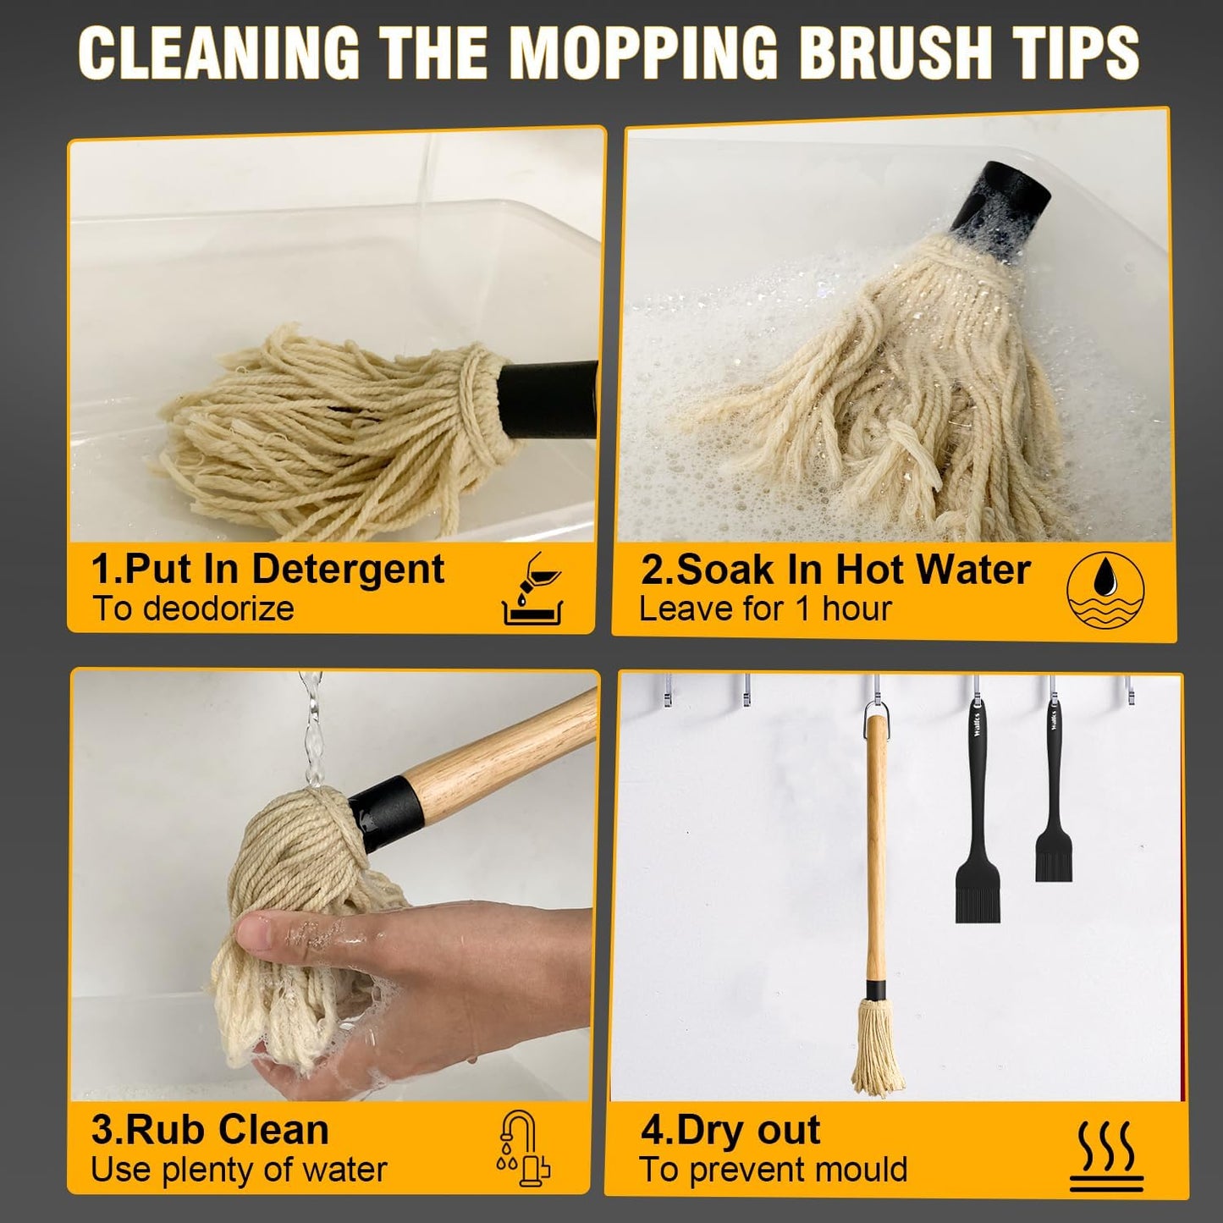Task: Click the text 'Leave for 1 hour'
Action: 765,608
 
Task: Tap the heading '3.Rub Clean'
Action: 210,1130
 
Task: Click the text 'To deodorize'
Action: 194,608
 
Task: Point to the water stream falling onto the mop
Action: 312,730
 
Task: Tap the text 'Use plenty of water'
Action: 239,1169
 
